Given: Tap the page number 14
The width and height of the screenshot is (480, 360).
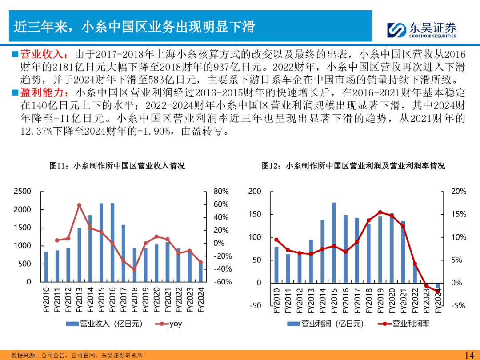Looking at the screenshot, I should click(469, 355).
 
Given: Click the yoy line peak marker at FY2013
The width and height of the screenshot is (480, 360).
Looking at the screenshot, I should click(79, 205).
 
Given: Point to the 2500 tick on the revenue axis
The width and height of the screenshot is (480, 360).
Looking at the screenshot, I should click(22, 192).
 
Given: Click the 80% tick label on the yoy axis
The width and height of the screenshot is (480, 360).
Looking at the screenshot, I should click(221, 192).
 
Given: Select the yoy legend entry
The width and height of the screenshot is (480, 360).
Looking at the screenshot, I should click(169, 324).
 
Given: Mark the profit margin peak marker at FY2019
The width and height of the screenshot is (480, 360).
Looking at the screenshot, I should click(380, 212).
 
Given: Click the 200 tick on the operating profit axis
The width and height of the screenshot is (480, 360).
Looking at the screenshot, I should click(255, 192).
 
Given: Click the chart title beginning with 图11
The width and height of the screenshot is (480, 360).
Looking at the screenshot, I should click(117, 166).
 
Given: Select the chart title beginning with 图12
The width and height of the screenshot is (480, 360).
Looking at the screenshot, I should click(353, 166).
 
